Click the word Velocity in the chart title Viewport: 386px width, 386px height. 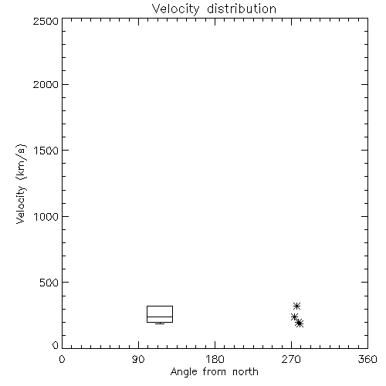coord(176,9)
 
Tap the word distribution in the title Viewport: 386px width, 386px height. coord(242,8)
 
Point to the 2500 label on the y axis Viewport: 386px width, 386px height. coord(46,21)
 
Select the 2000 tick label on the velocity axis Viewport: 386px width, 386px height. coord(46,84)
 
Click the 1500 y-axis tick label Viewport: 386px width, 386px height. coord(46,151)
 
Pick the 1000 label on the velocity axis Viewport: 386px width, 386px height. coord(46,216)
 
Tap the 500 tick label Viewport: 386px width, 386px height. coord(49,283)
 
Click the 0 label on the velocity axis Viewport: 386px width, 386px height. coord(56,345)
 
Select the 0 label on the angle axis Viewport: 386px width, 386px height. coord(62,359)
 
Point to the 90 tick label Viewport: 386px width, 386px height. coord(138,359)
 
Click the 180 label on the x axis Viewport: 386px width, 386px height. coord(215,359)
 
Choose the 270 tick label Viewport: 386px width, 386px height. coord(291,359)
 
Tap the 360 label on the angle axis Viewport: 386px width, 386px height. coord(367,359)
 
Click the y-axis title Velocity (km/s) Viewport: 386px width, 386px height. coord(21,184)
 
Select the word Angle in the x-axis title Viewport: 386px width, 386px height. coord(184,372)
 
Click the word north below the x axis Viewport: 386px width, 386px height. coord(245,372)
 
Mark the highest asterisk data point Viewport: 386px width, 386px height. coord(297,306)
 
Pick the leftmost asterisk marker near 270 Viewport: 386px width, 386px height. coord(294,317)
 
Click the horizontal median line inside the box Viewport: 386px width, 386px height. coord(160,317)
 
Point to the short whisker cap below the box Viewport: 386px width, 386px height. coord(160,323)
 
